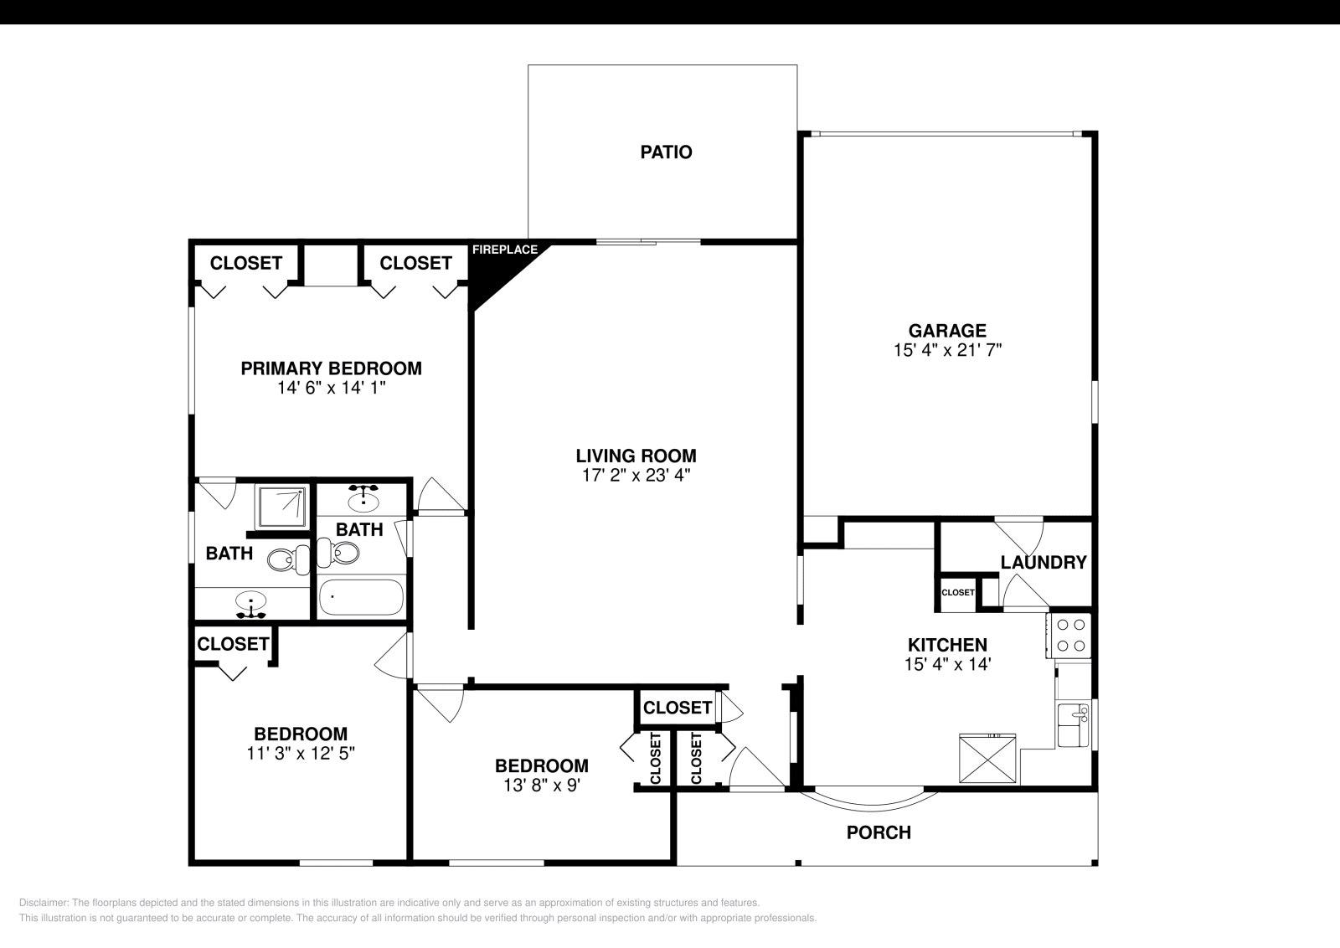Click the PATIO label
pyautogui.click(x=666, y=152)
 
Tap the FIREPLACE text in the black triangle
pyautogui.click(x=504, y=250)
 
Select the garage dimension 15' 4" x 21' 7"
pyautogui.click(x=947, y=350)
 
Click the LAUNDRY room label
pyautogui.click(x=1044, y=563)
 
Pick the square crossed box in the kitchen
pyautogui.click(x=987, y=757)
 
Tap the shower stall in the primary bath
pyautogui.click(x=281, y=505)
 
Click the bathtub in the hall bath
pyautogui.click(x=361, y=597)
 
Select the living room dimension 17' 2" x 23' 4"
pyautogui.click(x=636, y=475)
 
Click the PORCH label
pyautogui.click(x=879, y=832)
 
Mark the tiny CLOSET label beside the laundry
pyautogui.click(x=957, y=592)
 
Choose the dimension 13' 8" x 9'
pyautogui.click(x=541, y=785)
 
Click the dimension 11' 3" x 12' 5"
pyautogui.click(x=301, y=753)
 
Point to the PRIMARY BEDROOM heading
pyautogui.click(x=331, y=368)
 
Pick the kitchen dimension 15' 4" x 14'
pyautogui.click(x=947, y=664)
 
